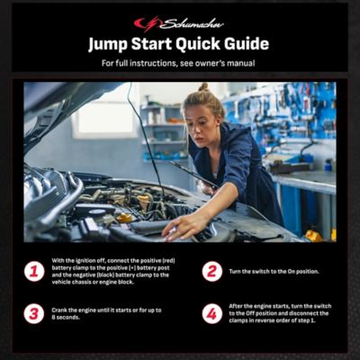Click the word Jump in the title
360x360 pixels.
click(x=112, y=43)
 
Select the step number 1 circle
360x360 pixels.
click(x=34, y=271)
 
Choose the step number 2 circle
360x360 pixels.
click(x=211, y=271)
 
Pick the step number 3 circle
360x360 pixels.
click(x=34, y=313)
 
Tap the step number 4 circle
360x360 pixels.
click(x=211, y=313)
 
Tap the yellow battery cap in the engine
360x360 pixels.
click(x=124, y=218)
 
